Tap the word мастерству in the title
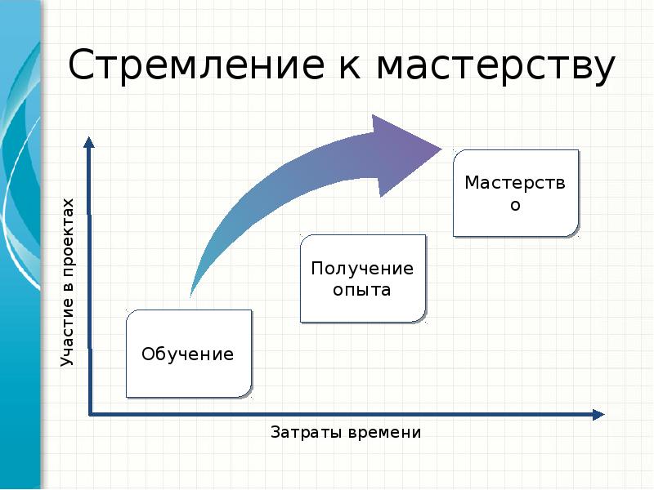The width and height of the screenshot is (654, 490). (x=495, y=67)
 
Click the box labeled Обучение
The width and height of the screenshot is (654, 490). (x=188, y=354)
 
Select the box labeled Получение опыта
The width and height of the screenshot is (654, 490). (x=362, y=278)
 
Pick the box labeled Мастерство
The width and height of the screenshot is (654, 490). (x=515, y=193)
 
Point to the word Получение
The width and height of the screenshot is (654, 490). (x=362, y=269)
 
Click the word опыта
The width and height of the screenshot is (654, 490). (x=362, y=290)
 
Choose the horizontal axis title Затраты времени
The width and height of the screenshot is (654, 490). (x=346, y=432)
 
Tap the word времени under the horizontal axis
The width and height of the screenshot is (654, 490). (x=383, y=432)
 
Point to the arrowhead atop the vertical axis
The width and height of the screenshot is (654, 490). (x=89, y=144)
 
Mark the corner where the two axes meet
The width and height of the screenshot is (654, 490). (x=90, y=414)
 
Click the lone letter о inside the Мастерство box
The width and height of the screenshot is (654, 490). (x=515, y=205)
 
